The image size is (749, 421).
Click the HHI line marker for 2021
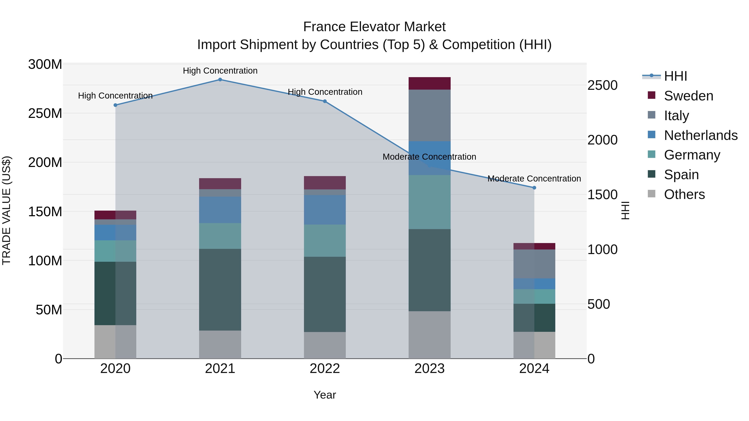click(220, 80)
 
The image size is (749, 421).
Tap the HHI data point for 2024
click(534, 188)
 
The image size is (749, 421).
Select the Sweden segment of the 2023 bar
click(429, 83)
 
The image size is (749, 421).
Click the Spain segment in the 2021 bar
click(220, 289)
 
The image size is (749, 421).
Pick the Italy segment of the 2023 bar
click(429, 115)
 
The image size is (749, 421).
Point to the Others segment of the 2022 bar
click(325, 345)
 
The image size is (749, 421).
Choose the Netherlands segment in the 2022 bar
click(325, 210)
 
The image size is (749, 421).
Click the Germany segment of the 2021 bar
click(220, 236)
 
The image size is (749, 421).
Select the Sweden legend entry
click(688, 96)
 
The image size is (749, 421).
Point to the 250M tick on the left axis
click(45, 113)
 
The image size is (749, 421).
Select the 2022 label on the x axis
click(325, 369)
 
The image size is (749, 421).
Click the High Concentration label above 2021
click(220, 71)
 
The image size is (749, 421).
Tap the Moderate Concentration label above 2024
click(534, 178)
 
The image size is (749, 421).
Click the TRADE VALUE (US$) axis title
click(6, 210)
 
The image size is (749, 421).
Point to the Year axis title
click(325, 395)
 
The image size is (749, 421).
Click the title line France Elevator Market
click(374, 27)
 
